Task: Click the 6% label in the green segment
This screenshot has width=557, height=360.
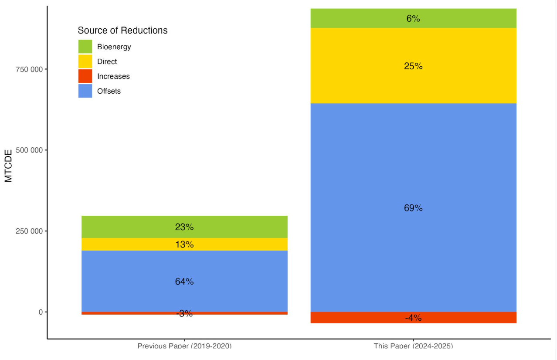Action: coord(413,19)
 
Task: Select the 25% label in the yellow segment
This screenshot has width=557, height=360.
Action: coord(413,66)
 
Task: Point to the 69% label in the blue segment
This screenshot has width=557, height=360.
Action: coord(413,208)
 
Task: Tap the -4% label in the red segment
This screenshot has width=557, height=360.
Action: coord(413,318)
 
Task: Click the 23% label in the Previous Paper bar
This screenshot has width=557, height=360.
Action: coord(184,227)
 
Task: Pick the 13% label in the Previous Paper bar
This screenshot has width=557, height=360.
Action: coord(184,245)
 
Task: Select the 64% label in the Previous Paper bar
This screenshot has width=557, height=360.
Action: coord(184,282)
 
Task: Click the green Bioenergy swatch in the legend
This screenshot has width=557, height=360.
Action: coord(85,47)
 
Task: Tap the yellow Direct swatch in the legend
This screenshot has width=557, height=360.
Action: coord(85,61)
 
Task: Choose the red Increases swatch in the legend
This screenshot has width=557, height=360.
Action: coord(85,76)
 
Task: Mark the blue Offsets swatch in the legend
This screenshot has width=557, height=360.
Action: coord(85,91)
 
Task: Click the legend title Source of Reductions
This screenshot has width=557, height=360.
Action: coord(122,31)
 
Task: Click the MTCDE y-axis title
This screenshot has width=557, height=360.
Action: coord(9,166)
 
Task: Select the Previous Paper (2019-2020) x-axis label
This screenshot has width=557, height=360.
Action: coord(184,346)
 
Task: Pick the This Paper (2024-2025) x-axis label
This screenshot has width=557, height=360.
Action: coord(413,346)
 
